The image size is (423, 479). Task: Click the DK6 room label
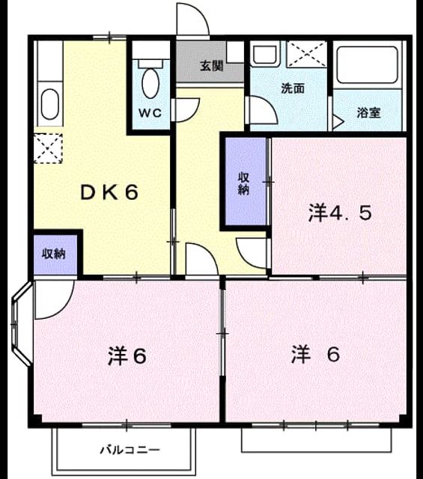pyautogui.click(x=109, y=192)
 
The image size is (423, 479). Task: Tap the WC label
pyautogui.click(x=150, y=113)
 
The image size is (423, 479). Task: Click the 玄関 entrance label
pyautogui.click(x=211, y=66)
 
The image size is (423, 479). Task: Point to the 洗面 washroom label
pyautogui.click(x=293, y=88)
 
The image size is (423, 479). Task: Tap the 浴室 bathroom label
pyautogui.click(x=369, y=113)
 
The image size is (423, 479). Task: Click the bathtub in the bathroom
pyautogui.click(x=367, y=65)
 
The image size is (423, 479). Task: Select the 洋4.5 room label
pyautogui.click(x=340, y=213)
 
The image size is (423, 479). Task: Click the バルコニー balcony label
pyautogui.click(x=130, y=450)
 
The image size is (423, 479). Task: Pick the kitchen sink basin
pyautogui.click(x=50, y=104)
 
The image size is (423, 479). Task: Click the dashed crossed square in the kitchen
pyautogui.click(x=48, y=148)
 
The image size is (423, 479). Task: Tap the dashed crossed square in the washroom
pyautogui.click(x=306, y=54)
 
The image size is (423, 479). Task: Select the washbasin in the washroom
pyautogui.click(x=265, y=54)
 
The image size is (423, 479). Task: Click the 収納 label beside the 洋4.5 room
pyautogui.click(x=243, y=183)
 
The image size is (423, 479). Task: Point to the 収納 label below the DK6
pyautogui.click(x=54, y=254)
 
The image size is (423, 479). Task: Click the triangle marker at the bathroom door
pyautogui.click(x=338, y=122)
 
